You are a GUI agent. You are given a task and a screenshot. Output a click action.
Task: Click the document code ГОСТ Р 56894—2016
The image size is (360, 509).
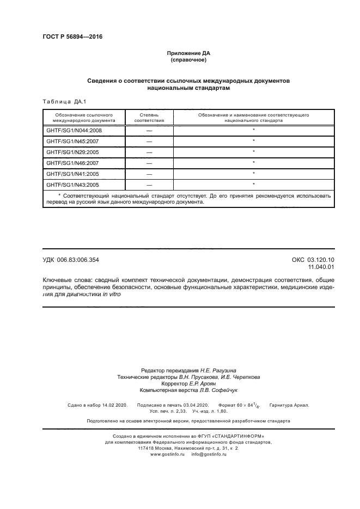(72, 37)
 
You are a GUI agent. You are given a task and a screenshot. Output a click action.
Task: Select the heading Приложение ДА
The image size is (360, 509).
(188, 53)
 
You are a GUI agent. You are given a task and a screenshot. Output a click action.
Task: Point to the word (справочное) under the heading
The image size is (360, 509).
(188, 60)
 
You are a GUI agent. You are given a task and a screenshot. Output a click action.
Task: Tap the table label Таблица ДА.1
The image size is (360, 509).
(64, 101)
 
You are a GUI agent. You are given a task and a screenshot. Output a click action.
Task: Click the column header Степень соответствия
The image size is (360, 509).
(149, 118)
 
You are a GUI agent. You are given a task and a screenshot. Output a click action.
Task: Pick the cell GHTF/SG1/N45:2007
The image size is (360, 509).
(72, 142)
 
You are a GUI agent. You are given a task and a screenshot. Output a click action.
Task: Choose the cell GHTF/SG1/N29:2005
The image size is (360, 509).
(72, 152)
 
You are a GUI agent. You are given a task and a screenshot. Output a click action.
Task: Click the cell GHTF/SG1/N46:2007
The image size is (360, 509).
(72, 163)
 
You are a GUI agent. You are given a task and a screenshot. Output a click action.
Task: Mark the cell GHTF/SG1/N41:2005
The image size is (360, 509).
(72, 174)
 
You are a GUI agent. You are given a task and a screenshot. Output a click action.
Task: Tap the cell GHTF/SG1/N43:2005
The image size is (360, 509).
(72, 185)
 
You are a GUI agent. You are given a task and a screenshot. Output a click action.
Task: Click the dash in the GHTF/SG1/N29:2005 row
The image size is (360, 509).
(149, 152)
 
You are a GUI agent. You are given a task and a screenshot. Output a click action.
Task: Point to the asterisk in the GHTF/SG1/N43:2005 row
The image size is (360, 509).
(254, 185)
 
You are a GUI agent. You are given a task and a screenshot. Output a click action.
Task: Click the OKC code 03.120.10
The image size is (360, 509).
(321, 260)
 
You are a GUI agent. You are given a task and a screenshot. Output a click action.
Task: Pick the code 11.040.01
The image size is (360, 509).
(321, 267)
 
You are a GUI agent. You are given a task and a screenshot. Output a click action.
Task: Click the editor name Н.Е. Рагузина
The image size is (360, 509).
(215, 370)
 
